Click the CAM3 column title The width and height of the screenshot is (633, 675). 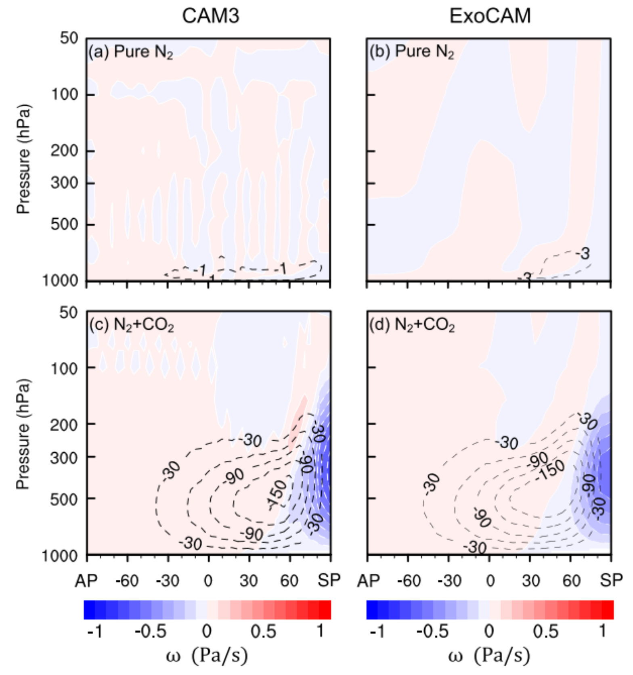(x=210, y=16)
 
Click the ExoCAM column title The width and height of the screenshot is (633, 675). (x=490, y=16)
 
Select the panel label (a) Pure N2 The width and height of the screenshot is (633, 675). (x=131, y=52)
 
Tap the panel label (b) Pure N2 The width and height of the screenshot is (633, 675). (x=412, y=52)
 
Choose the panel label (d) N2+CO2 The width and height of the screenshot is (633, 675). (x=412, y=325)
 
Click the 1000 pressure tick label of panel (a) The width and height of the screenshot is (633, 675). (x=60, y=280)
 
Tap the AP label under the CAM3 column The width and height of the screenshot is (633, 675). (x=86, y=581)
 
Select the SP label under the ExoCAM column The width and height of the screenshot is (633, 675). (x=611, y=581)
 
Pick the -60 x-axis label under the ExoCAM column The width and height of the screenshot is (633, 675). (x=409, y=581)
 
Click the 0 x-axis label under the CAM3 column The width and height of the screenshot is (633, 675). (x=208, y=581)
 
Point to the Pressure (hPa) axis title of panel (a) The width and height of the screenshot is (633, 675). (x=23, y=159)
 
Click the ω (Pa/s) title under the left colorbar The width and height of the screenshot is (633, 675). (x=207, y=656)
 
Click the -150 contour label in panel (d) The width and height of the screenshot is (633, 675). (x=551, y=470)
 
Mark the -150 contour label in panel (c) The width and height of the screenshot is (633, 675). (x=277, y=494)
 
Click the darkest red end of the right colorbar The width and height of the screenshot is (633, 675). (x=608, y=609)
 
